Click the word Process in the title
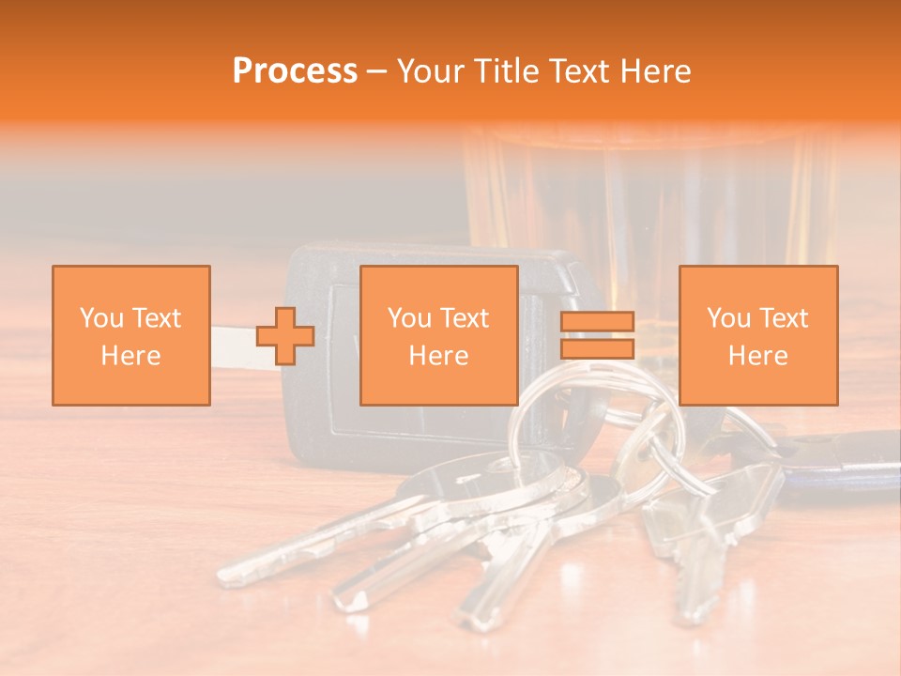pos(295,71)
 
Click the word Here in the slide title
pos(655,71)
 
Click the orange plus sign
pos(285,335)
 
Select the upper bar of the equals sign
pos(597,322)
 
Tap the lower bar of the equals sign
pos(597,348)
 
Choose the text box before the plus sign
pos(131,335)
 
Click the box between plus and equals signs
pos(439,335)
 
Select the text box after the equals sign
pos(758,335)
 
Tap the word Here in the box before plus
pos(131,356)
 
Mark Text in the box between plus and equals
pos(465,318)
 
